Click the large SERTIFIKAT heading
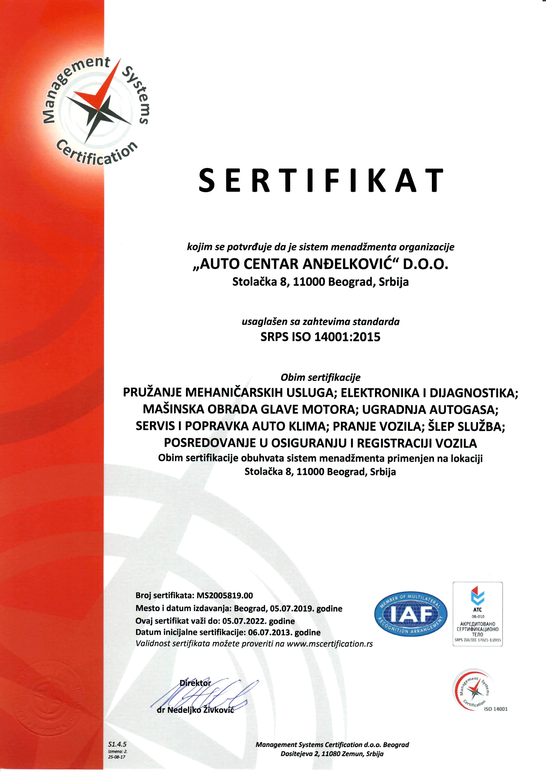pos(321,181)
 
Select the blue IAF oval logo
pos(411,614)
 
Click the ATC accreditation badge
pos(477,614)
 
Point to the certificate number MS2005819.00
pos(224,595)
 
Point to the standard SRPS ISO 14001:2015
pos(321,337)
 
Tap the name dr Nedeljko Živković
pos(195,710)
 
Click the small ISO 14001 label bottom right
pos(495,709)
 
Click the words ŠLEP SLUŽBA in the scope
pos(466,426)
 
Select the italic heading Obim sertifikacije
pos(321,377)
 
